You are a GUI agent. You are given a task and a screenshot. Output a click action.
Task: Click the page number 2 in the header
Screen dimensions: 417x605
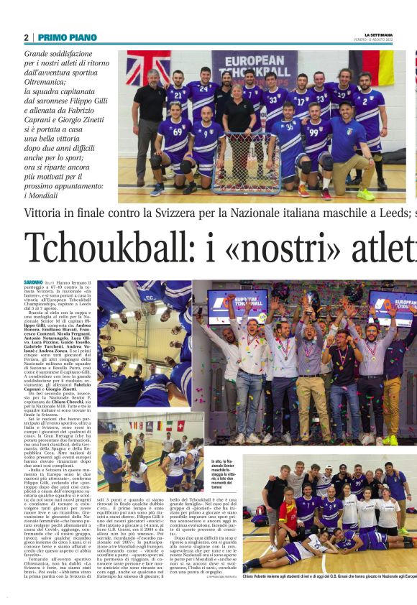pyautogui.click(x=27, y=37)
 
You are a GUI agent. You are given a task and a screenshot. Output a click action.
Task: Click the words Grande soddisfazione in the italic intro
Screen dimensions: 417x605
pyautogui.click(x=69, y=54)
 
